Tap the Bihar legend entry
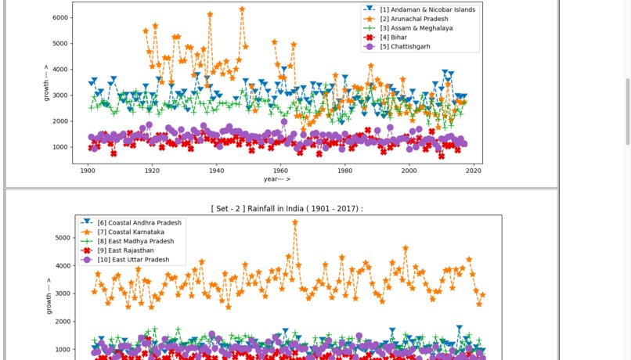tap(395, 38)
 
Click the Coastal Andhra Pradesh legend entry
tap(139, 223)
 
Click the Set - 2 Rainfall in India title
tap(287, 208)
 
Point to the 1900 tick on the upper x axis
tap(87, 170)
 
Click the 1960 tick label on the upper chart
tap(279, 170)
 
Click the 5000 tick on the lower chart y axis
tap(62, 238)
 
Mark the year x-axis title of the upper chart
tap(277, 179)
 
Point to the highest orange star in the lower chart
tap(295, 222)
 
